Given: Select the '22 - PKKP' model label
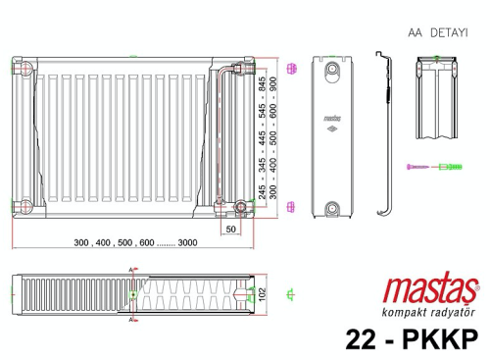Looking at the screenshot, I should tap(411, 338).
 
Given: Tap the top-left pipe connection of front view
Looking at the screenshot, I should tap(26, 70).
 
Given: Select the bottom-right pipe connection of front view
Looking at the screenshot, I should tap(242, 207).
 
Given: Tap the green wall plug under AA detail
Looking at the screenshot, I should tap(447, 169).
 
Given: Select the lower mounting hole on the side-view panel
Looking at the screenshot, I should tap(333, 207).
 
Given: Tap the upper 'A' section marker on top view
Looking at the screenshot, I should tap(131, 269).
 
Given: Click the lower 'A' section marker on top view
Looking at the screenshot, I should tap(131, 317).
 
